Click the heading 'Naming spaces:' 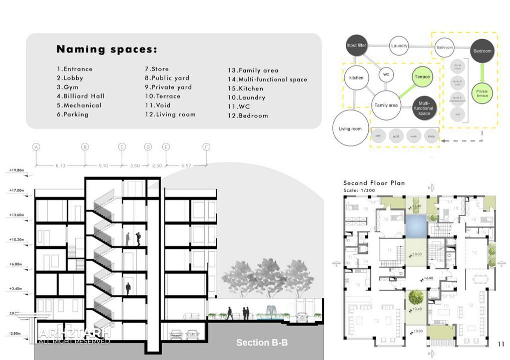(107, 49)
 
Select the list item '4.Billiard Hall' (81, 96)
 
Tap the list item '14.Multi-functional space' (268, 79)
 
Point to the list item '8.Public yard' (167, 78)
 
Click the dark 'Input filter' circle (356, 45)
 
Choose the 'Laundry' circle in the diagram (399, 46)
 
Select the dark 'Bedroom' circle (482, 51)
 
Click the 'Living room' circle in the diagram (350, 129)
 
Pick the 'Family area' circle (386, 105)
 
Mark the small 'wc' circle (386, 75)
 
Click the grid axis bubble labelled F (206, 147)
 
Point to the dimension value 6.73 (61, 165)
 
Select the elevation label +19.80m (17, 170)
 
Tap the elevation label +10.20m (17, 239)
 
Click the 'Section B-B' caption (262, 342)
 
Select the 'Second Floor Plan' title (374, 183)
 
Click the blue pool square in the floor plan (415, 225)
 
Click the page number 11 (501, 344)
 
